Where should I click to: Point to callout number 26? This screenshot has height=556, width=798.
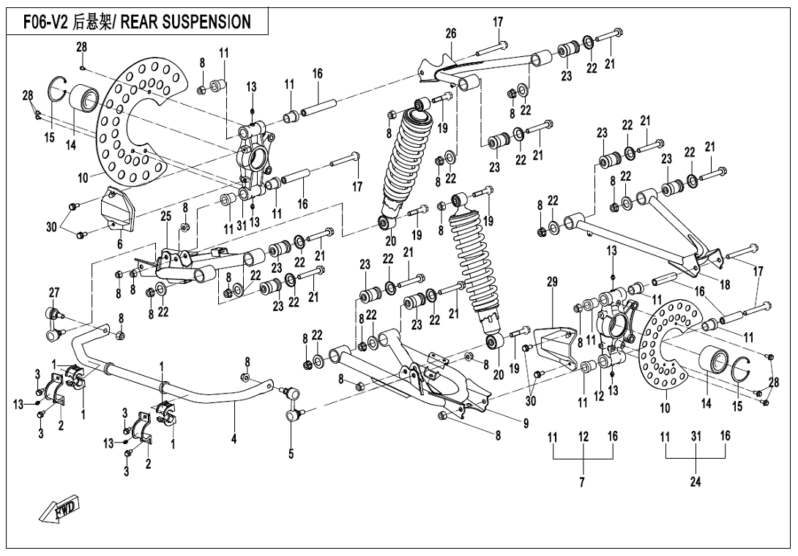click(x=451, y=33)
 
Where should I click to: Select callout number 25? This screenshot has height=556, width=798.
click(x=166, y=217)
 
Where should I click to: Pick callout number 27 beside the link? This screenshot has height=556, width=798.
click(x=53, y=293)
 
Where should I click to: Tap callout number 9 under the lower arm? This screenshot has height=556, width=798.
click(x=526, y=422)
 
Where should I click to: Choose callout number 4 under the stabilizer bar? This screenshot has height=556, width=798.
click(x=234, y=440)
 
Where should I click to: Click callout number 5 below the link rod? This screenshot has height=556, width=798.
click(x=291, y=454)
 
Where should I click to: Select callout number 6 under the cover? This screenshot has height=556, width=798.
click(x=119, y=244)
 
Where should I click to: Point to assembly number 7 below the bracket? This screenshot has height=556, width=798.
click(x=583, y=482)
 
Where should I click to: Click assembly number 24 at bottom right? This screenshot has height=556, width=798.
click(x=696, y=482)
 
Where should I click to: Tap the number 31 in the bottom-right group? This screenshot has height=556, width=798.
click(x=696, y=436)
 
